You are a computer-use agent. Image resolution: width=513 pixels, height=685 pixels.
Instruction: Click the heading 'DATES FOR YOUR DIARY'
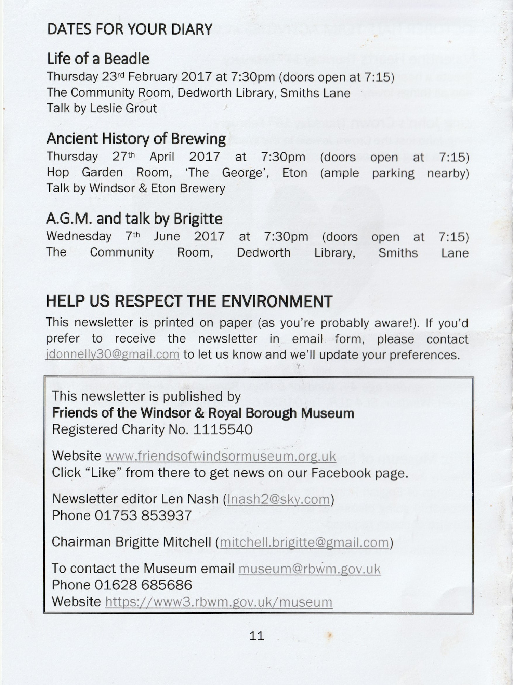(130, 29)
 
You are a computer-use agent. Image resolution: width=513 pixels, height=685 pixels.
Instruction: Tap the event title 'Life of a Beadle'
(98, 59)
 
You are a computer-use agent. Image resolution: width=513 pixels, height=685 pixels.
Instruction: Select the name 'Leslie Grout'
(123, 109)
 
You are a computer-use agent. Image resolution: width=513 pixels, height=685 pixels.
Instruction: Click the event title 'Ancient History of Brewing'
(136, 139)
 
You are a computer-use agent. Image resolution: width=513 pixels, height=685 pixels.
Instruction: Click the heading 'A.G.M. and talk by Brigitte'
(134, 219)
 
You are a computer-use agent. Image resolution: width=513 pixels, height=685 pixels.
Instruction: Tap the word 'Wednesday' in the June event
(79, 236)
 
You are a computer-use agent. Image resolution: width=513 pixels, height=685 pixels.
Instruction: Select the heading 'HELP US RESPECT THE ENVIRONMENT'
(189, 301)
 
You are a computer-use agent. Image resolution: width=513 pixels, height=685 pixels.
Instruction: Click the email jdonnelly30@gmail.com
(113, 354)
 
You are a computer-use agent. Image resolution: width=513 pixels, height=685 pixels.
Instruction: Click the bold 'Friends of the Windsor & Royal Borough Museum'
(203, 413)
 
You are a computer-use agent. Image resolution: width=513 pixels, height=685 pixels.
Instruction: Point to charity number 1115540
(223, 430)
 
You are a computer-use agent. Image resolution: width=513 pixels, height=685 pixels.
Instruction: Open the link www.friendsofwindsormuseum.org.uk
(221, 457)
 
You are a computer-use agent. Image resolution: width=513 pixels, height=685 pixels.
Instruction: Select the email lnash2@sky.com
(278, 499)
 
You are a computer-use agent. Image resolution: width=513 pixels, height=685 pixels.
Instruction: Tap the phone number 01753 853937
(143, 516)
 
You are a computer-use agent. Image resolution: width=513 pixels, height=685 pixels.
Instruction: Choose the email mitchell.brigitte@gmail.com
(304, 543)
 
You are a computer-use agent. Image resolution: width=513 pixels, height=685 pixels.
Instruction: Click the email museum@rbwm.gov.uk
(310, 569)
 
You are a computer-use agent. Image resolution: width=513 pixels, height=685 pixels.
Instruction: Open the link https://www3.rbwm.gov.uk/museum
(219, 602)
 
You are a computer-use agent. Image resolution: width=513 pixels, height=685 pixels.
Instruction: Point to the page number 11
(256, 636)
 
